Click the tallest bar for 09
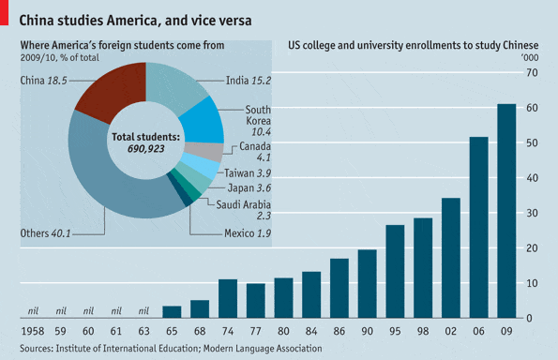click(505, 211)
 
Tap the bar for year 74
click(228, 299)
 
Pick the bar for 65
click(172, 312)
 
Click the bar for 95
click(395, 272)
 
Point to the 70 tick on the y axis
click(532, 73)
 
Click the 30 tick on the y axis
click(532, 213)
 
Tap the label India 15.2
click(248, 81)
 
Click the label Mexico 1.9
click(248, 232)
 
